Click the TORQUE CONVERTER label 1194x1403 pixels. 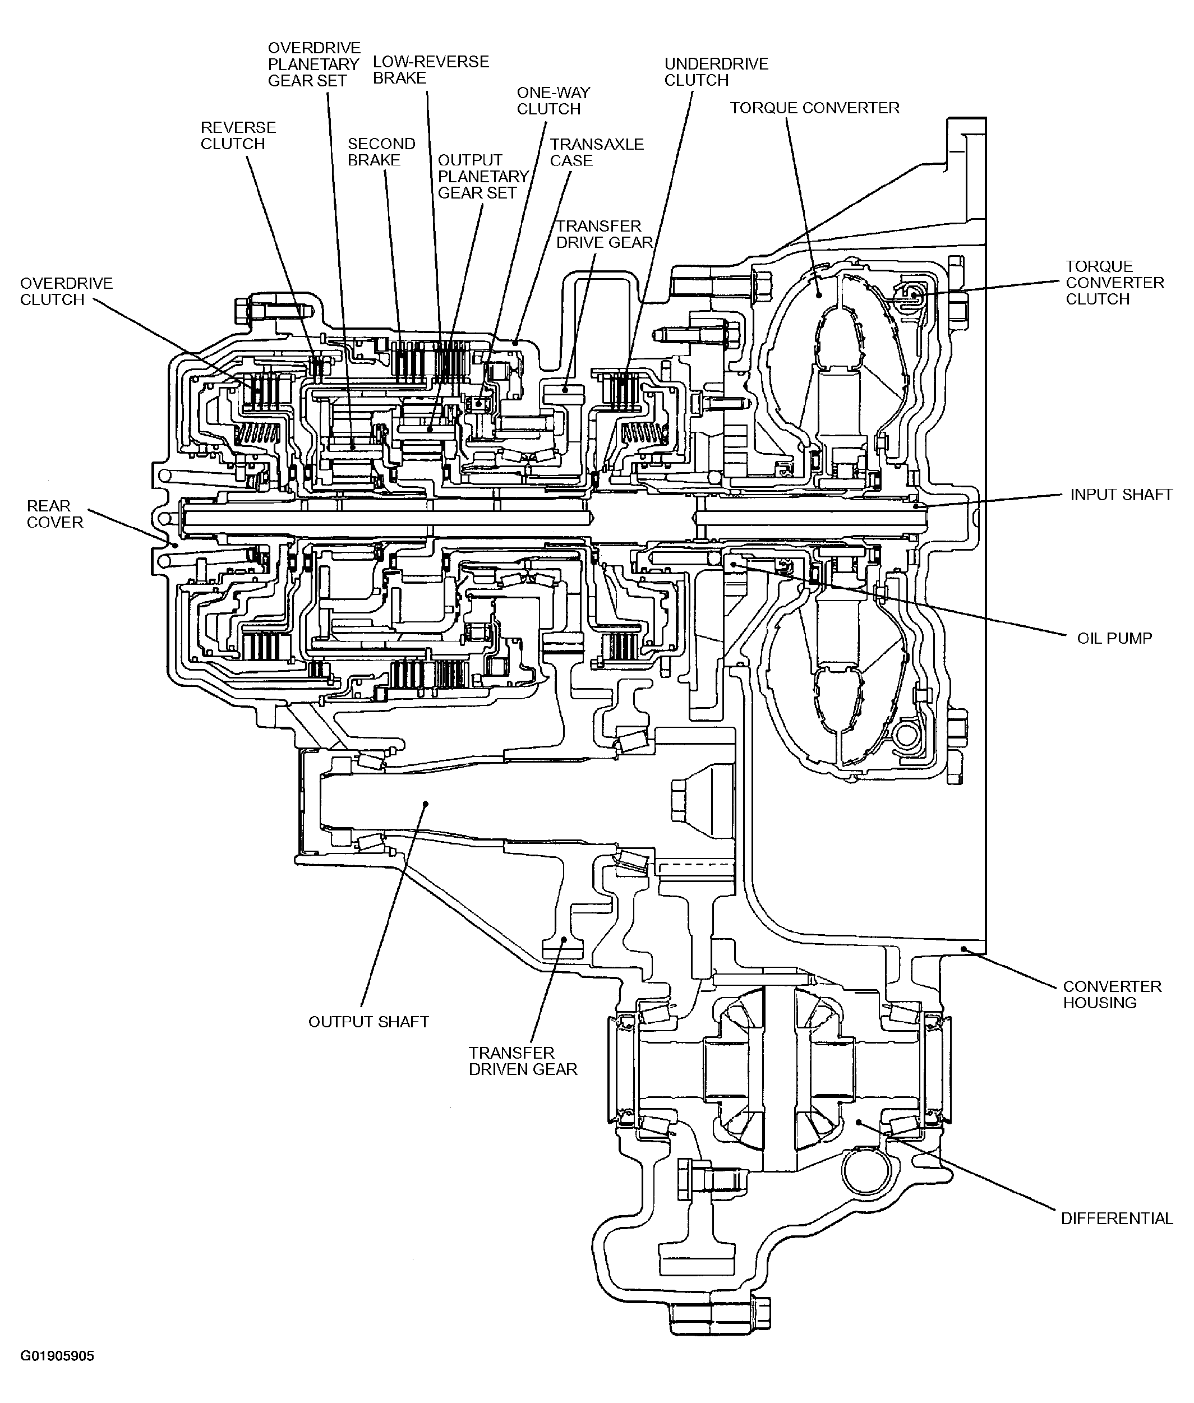[x=814, y=108]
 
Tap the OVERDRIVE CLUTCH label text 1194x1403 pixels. [x=66, y=292]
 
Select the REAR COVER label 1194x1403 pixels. [x=55, y=514]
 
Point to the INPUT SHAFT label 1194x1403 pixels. [x=1121, y=495]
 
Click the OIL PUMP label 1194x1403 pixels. [x=1114, y=638]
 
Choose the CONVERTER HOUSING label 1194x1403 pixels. [x=1112, y=995]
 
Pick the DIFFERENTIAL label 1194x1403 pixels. [x=1117, y=1219]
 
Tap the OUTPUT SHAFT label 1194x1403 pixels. [x=368, y=1022]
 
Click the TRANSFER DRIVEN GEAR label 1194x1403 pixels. [x=523, y=1061]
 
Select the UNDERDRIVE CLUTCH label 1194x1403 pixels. [x=716, y=72]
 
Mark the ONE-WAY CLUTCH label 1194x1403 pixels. [x=553, y=101]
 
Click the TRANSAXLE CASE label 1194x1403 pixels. [x=596, y=153]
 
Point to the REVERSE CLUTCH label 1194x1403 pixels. [x=238, y=135]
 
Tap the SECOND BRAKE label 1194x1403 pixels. [x=381, y=153]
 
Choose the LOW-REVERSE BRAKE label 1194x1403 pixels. [x=431, y=70]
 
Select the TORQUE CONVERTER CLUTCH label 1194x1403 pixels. [x=1115, y=283]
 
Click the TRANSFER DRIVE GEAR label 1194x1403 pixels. [x=605, y=234]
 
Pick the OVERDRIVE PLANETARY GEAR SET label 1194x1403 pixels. [x=314, y=64]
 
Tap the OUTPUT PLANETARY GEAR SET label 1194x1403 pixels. [x=483, y=177]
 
